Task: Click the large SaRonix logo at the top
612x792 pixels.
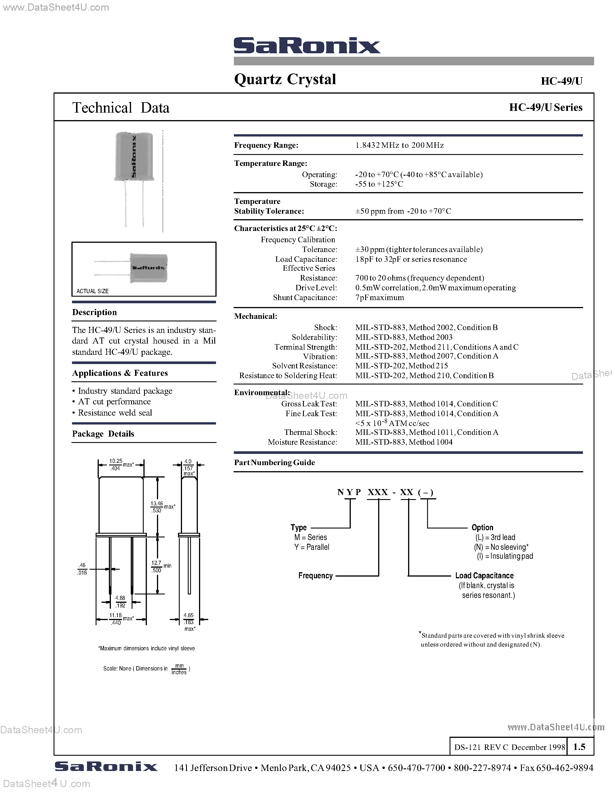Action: tap(307, 46)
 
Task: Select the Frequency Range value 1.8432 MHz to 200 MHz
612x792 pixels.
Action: tap(399, 145)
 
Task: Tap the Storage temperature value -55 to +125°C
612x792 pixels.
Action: tap(379, 184)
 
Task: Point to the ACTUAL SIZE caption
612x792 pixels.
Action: tap(92, 291)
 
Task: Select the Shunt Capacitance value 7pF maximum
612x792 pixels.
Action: tap(379, 298)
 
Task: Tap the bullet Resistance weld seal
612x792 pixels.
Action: tap(115, 413)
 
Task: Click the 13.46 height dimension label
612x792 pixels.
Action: tap(157, 504)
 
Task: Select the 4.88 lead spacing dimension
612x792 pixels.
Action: tap(120, 598)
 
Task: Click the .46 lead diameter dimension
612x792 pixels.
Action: tap(82, 565)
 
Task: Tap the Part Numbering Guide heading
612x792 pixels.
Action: tap(274, 463)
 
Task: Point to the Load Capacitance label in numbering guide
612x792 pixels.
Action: tap(484, 576)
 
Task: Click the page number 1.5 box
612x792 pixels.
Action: tap(579, 747)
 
